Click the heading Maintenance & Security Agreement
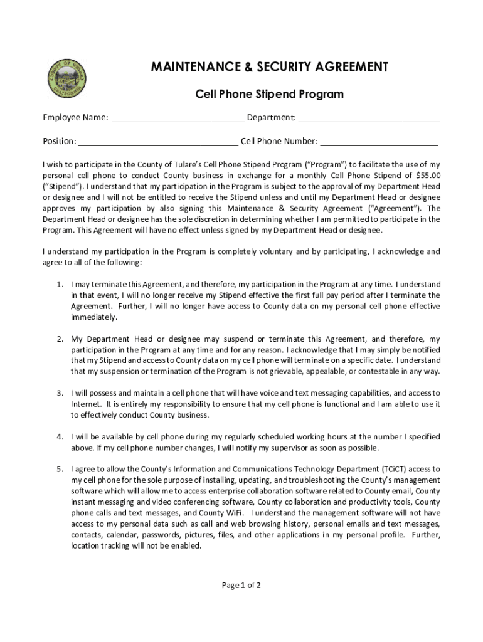coord(269,67)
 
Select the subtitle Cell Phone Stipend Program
coord(269,94)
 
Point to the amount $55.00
coord(428,176)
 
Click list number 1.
coord(60,284)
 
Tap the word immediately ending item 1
coord(94,317)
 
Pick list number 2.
coord(60,339)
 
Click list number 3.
coord(60,393)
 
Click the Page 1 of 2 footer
coord(241,586)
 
